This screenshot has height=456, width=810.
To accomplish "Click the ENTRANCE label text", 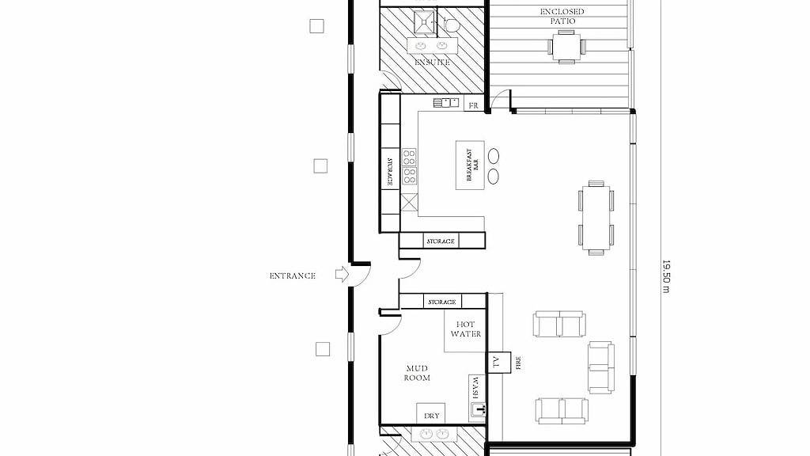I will (293, 275).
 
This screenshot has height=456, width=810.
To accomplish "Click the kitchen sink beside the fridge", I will (446, 102).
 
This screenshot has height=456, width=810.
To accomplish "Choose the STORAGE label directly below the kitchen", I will (441, 241).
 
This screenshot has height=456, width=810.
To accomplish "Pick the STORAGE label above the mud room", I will (441, 302).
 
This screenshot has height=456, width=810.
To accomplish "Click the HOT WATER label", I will (466, 329).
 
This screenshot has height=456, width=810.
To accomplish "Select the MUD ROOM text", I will (418, 373).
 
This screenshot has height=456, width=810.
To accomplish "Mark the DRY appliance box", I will (431, 414).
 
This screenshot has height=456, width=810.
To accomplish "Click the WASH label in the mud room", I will (475, 388).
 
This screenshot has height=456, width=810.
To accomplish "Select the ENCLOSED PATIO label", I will (562, 16).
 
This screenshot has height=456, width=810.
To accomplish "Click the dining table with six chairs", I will (596, 216).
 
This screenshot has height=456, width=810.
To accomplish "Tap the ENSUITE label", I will (433, 62).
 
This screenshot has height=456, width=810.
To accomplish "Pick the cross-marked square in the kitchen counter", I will (410, 202).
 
